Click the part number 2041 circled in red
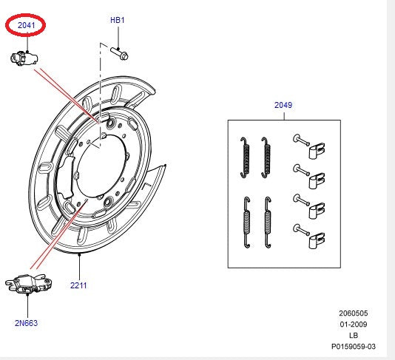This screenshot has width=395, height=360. point(26,26)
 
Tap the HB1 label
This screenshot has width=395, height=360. point(118,20)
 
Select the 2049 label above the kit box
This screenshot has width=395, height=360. point(283,105)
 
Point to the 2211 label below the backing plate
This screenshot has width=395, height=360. point(79,285)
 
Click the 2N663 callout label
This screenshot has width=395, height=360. point(25,322)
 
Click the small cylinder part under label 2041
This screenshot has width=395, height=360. point(24,58)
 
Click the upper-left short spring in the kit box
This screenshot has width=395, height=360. point(244,156)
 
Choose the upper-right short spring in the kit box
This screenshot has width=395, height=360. point(266,156)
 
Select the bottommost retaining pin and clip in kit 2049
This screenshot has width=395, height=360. point(311,234)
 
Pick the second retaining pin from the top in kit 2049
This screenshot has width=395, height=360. point(311,176)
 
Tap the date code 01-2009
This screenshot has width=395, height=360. point(354,324)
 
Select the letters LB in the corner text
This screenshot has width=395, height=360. point(354,335)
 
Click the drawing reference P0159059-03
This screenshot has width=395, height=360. point(353,346)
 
